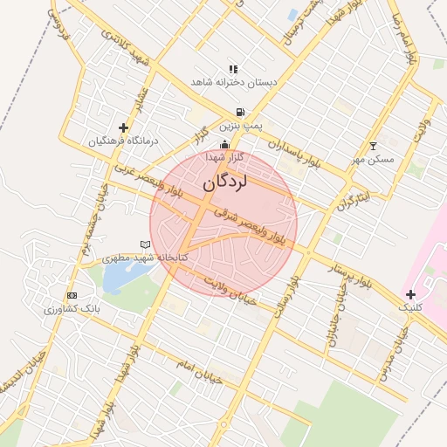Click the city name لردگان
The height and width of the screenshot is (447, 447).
[x=224, y=182]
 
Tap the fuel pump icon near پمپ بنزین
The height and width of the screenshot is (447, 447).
[x=239, y=112]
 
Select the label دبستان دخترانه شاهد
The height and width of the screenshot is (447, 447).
[x=234, y=82]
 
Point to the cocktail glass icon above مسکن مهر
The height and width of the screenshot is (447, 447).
[x=374, y=146]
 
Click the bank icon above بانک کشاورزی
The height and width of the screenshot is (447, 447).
[x=72, y=295]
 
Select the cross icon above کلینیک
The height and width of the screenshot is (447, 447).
[x=410, y=294]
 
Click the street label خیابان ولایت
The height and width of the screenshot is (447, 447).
[x=229, y=288]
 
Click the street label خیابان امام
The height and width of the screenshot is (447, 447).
[x=200, y=370]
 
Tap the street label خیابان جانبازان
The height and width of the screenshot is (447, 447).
[x=333, y=320]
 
